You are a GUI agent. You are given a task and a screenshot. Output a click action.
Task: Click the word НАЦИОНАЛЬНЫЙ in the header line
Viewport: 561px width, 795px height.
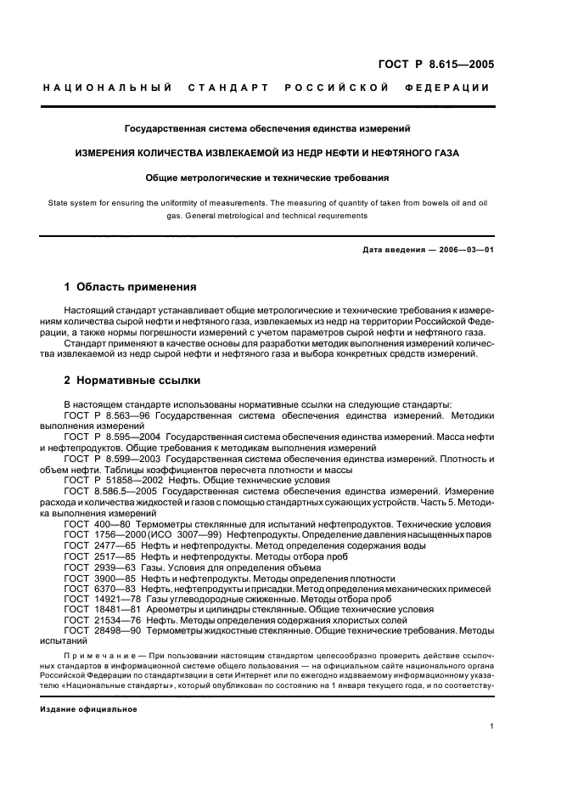tap(108, 87)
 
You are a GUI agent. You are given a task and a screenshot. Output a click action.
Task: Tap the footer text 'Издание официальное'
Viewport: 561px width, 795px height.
tap(89, 708)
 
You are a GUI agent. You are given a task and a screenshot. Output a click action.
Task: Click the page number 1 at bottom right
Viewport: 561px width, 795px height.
tap(492, 725)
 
